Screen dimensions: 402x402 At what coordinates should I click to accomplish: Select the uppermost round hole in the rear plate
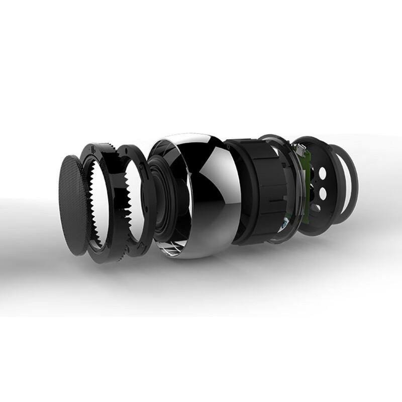coord(322,172)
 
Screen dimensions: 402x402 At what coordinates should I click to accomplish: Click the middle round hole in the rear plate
coord(322,192)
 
